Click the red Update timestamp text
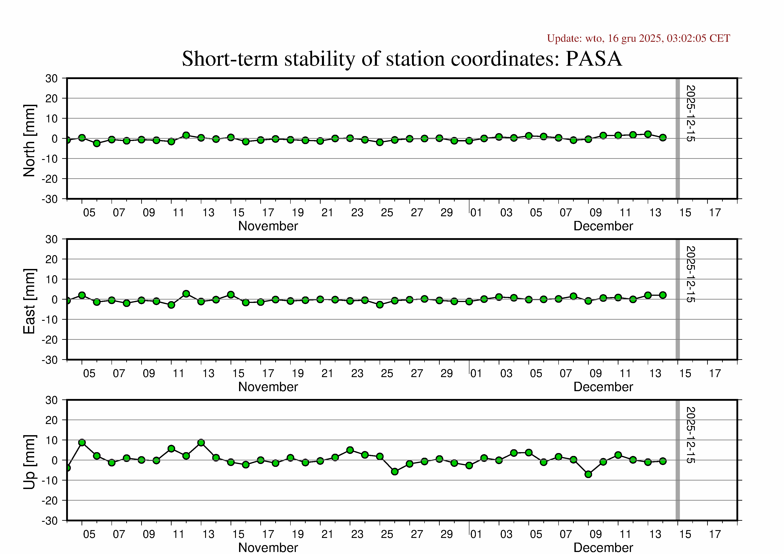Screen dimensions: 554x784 point(638,38)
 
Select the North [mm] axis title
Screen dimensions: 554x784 point(29,141)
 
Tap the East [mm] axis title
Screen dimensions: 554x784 point(29,301)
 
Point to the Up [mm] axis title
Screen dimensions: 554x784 point(29,462)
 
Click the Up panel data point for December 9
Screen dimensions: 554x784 point(588,474)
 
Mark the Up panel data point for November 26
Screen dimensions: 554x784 point(395,471)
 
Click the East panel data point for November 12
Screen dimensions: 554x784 point(186,294)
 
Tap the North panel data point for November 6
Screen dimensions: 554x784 point(97,143)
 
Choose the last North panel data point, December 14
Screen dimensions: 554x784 point(663,138)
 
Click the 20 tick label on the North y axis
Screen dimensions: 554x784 point(52,99)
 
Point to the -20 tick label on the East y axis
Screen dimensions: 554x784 point(50,340)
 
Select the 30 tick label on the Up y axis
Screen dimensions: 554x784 point(52,400)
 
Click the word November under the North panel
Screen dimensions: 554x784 point(268,226)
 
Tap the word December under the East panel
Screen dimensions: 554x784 point(603,387)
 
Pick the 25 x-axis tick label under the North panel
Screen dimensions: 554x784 point(387,213)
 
